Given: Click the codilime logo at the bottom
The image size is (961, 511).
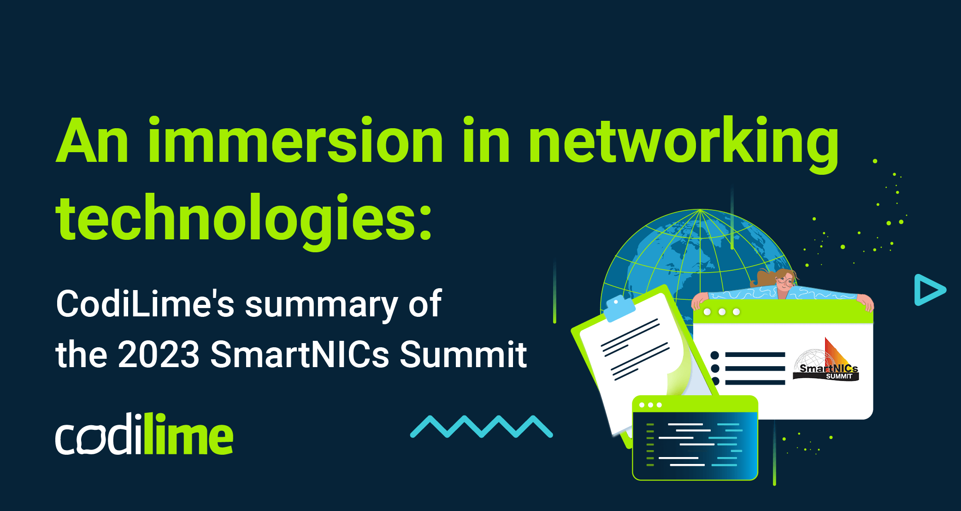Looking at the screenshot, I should (144, 434).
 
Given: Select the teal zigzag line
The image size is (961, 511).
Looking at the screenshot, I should (481, 427).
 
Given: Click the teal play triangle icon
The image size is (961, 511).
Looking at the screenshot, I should (928, 290).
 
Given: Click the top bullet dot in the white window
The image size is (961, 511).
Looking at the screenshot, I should (715, 355).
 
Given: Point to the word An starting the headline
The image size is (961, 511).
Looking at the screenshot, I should (92, 141).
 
